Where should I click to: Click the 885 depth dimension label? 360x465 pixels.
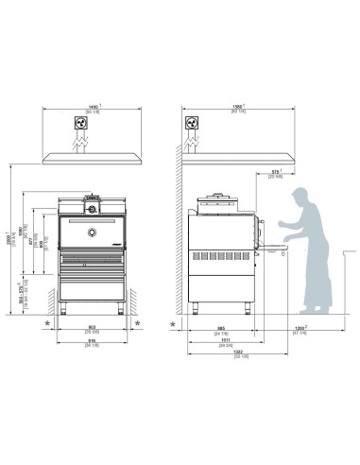(x=219, y=331)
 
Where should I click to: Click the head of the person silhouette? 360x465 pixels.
(x=300, y=198)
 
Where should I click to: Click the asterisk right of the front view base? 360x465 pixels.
(x=139, y=323)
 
